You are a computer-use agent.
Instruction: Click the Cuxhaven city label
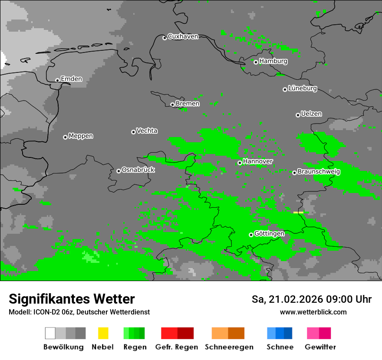point(183,36)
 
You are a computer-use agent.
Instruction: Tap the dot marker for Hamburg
point(256,62)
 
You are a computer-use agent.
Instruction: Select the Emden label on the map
point(71,79)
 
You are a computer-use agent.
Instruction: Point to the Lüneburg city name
point(302,88)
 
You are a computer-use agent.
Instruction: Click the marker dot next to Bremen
point(172,105)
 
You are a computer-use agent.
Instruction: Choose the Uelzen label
point(311,114)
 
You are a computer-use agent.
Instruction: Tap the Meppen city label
point(81,136)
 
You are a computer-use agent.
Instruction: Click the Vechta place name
point(147,131)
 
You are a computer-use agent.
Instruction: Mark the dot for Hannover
point(240,163)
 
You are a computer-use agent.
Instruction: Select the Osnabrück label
point(138,170)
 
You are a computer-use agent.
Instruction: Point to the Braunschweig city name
point(319,172)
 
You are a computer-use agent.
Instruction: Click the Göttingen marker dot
point(251,235)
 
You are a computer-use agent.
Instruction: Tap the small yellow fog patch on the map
point(298,213)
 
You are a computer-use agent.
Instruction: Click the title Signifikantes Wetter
point(72,299)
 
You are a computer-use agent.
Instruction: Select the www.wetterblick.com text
point(313,312)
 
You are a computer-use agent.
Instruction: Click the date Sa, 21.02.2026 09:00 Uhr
point(311,299)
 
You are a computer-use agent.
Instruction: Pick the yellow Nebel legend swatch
point(103,333)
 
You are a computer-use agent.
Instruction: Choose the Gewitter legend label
point(320,347)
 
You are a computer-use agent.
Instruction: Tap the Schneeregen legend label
point(229,347)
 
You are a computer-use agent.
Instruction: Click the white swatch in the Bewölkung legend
point(50,333)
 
